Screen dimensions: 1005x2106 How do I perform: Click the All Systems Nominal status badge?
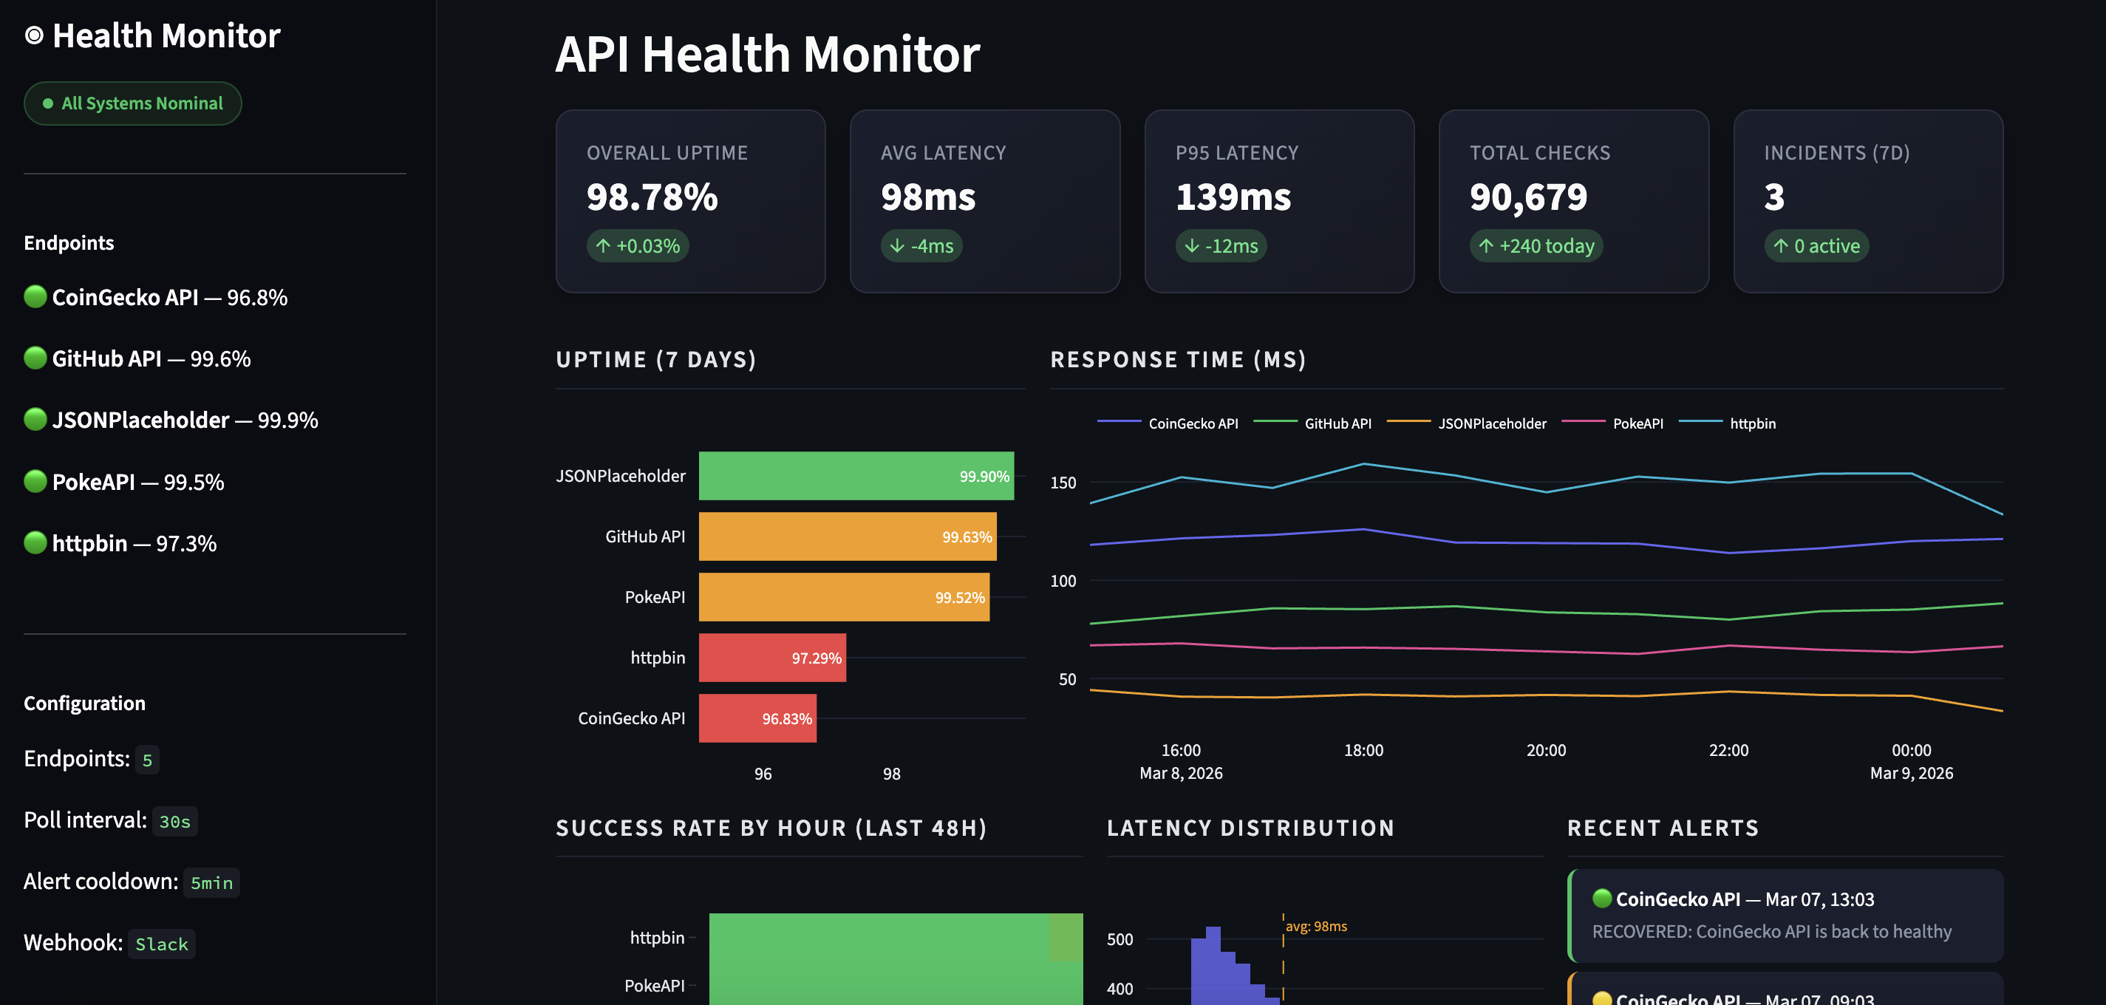click(x=132, y=103)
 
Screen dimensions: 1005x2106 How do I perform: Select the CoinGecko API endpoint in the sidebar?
click(x=155, y=298)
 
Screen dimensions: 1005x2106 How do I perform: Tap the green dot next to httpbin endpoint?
click(x=35, y=542)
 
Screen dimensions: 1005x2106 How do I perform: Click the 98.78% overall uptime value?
click(x=652, y=197)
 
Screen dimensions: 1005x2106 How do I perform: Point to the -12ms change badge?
click(x=1221, y=246)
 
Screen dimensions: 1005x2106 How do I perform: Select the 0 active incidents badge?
click(x=1816, y=246)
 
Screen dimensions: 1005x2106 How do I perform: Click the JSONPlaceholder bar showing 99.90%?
click(x=855, y=476)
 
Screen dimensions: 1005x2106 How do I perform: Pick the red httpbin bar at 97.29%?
click(x=771, y=658)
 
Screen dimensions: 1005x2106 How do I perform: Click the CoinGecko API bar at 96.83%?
click(x=757, y=718)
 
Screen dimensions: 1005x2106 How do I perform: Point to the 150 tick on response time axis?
click(x=1063, y=483)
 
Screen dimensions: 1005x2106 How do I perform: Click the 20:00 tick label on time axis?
click(x=1545, y=750)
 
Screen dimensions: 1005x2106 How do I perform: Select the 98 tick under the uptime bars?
click(x=891, y=774)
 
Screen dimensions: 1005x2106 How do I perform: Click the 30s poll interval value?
click(x=174, y=822)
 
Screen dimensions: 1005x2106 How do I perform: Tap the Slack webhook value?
click(x=161, y=944)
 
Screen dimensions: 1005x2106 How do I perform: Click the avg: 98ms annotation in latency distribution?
click(x=1315, y=927)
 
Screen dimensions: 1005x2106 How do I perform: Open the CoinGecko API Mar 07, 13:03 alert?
click(x=1785, y=915)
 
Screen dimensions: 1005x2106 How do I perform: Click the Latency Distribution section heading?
click(x=1250, y=828)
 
